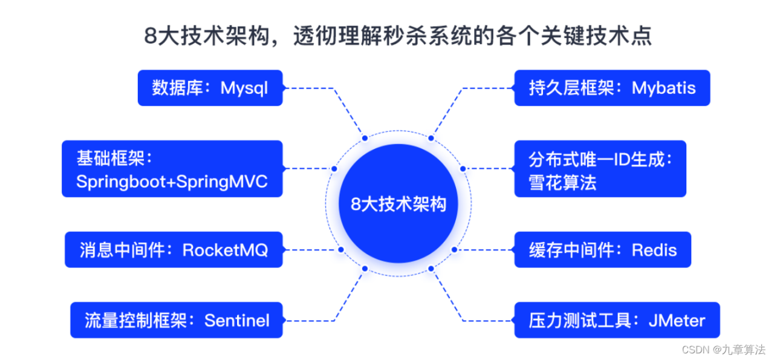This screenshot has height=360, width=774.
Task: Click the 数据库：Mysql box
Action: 210,88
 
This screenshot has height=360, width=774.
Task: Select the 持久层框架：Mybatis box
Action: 611,88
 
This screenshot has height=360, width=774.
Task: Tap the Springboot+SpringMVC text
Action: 172,182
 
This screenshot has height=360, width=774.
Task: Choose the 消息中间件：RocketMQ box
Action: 174,249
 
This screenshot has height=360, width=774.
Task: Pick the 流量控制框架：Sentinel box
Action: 176,320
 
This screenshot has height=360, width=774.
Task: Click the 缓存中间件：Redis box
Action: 602,249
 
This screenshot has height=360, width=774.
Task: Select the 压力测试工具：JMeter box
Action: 616,320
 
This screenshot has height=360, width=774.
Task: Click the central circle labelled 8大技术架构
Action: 398,204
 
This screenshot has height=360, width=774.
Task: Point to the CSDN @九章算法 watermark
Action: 723,350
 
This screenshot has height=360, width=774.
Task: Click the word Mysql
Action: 244,88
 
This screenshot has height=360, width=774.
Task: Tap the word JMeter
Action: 677,320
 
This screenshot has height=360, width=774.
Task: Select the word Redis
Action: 654,249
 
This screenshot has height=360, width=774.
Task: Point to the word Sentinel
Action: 237,320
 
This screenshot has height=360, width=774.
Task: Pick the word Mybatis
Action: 664,88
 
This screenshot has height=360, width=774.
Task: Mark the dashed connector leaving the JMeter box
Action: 484,320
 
